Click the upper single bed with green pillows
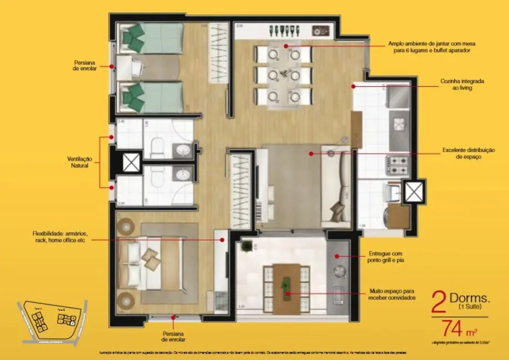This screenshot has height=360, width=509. [x=149, y=38]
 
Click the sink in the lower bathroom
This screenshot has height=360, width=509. [x=181, y=176]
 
